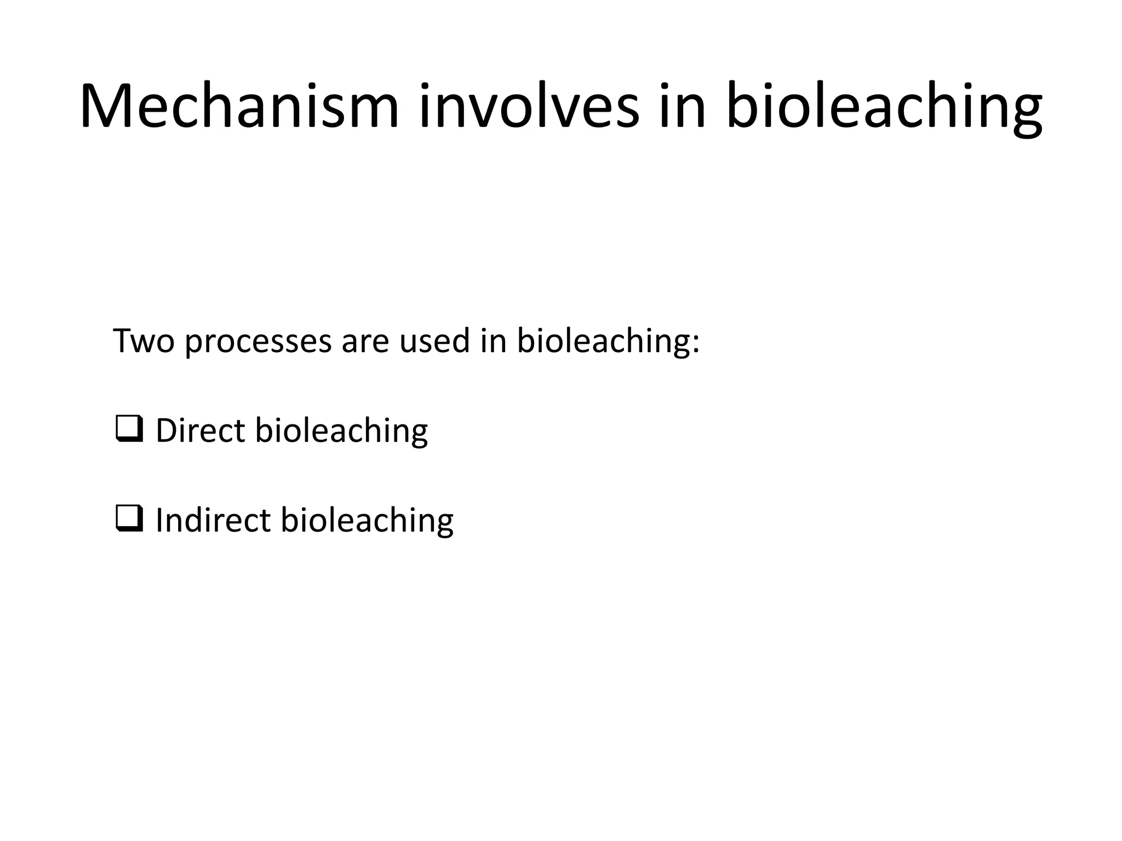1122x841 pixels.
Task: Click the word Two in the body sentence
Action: click(x=144, y=341)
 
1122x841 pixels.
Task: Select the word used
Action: click(x=434, y=341)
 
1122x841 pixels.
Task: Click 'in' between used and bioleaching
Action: click(x=493, y=341)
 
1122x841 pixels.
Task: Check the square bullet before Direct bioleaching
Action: click(x=129, y=429)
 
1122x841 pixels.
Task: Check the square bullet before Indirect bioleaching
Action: click(x=129, y=519)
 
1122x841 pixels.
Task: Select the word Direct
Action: click(x=200, y=430)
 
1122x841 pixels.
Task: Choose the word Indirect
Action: click(x=213, y=520)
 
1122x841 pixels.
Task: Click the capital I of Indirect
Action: click(x=159, y=520)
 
